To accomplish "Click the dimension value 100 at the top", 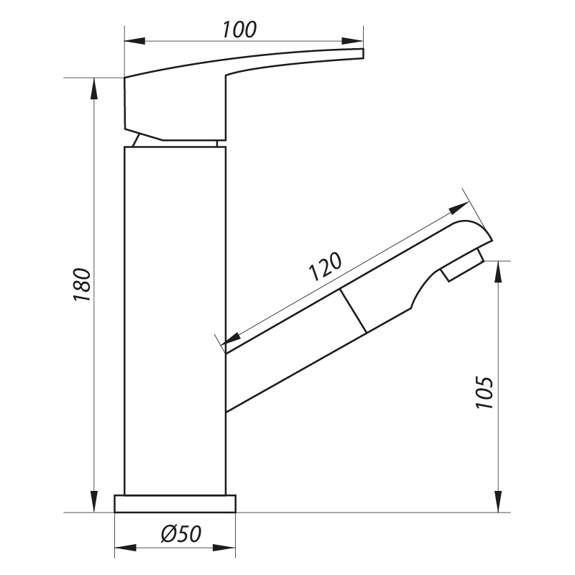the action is pos(239,29).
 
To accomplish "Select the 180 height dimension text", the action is pos(83,285).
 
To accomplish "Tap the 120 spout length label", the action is pos(326,266).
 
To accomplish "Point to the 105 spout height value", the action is pos(484,392).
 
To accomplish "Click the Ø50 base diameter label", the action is pos(181,533).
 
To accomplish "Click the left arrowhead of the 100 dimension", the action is pos(135,41).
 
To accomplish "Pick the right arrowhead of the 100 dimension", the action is pos(352,41).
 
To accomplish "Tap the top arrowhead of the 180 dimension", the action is pos(94,88).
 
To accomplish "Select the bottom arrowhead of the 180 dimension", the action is pos(94,502).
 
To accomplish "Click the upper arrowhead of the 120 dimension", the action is pos(459,208).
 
